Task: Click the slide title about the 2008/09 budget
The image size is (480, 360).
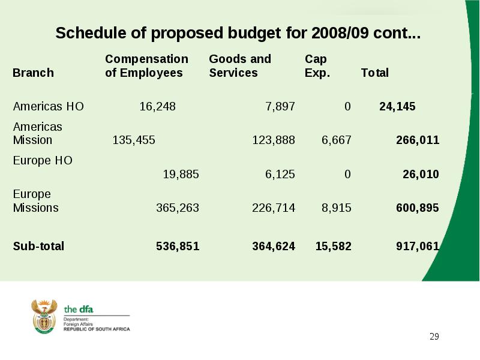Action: (x=238, y=33)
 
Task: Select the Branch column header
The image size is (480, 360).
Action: (x=33, y=73)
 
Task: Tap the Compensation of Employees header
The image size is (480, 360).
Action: (x=146, y=66)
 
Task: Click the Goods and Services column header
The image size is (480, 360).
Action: (x=240, y=66)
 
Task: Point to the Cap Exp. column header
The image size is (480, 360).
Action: (x=317, y=66)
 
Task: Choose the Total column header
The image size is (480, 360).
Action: (x=374, y=73)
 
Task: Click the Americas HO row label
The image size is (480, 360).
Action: (x=49, y=107)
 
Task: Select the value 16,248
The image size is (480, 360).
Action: (x=157, y=107)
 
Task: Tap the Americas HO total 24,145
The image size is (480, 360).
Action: (x=397, y=107)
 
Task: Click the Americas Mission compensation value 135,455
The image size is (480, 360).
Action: (x=134, y=140)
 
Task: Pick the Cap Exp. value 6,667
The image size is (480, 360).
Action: (x=336, y=140)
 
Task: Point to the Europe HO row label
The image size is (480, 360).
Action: (x=43, y=160)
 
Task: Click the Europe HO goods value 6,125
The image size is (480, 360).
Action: (x=280, y=174)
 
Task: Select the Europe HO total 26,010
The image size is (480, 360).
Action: (x=421, y=174)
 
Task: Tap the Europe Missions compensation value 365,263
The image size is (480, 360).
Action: (x=178, y=208)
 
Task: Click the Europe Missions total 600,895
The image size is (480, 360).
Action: (x=418, y=208)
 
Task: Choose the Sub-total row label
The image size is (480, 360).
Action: (x=38, y=246)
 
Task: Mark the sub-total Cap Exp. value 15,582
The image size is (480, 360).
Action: (x=334, y=246)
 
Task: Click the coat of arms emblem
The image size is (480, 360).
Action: (x=44, y=317)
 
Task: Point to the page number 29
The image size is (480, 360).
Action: (x=434, y=337)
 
